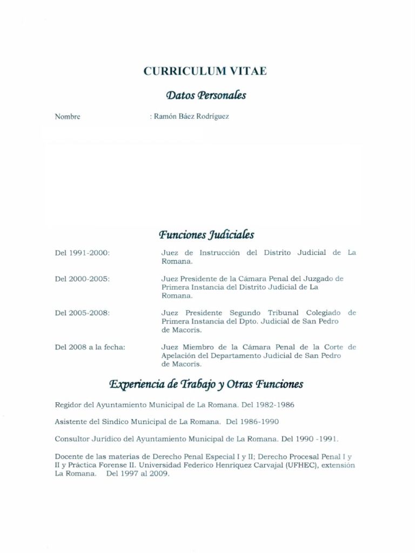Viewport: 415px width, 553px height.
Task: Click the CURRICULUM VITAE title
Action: click(x=205, y=72)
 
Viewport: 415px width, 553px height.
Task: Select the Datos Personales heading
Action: click(x=206, y=96)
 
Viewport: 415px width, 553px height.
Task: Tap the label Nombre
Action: click(x=68, y=117)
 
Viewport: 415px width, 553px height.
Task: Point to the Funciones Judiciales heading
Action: click(x=206, y=235)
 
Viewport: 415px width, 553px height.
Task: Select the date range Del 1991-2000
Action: click(x=82, y=253)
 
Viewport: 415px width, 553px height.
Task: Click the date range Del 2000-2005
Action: click(x=82, y=279)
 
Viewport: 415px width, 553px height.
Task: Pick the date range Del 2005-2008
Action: click(x=82, y=313)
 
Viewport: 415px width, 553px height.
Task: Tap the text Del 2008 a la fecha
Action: click(x=90, y=347)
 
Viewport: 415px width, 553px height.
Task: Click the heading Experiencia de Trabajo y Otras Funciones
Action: click(x=206, y=385)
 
